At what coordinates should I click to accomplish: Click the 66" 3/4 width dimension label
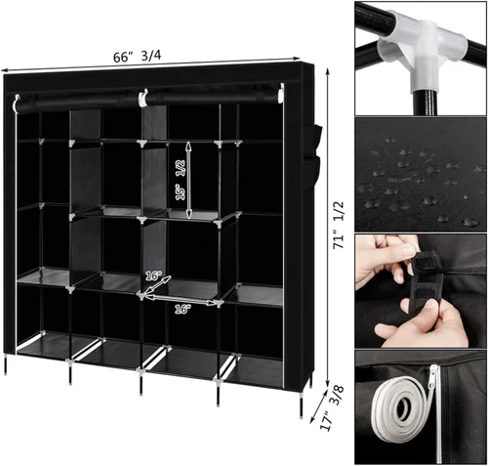pos(137,57)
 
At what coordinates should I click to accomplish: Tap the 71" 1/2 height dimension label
pos(338,226)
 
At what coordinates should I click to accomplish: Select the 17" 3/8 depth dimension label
pos(332,408)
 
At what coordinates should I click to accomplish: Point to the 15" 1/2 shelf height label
pos(180,180)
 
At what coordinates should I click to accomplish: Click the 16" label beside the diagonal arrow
pos(153,276)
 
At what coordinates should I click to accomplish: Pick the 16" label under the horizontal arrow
pos(183,309)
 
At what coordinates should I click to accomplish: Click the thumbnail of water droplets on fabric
pos(422,175)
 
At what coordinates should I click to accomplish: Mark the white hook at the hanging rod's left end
pos(16,103)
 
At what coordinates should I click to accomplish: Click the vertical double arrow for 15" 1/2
pos(188,180)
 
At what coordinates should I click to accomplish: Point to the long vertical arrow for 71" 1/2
pos(328,228)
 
